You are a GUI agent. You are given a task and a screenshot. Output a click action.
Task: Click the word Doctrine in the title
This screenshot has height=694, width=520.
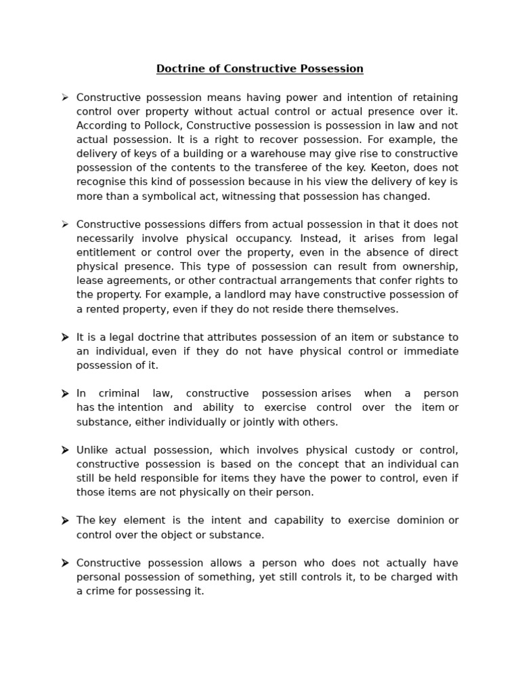click(x=177, y=69)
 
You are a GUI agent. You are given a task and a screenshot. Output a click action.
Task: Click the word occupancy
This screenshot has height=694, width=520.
click(x=265, y=239)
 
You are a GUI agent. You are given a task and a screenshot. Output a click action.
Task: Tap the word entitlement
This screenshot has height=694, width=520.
click(x=106, y=253)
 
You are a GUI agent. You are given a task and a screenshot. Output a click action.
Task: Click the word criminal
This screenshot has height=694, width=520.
click(x=119, y=393)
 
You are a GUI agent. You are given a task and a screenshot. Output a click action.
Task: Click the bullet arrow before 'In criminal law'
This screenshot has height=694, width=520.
click(x=65, y=394)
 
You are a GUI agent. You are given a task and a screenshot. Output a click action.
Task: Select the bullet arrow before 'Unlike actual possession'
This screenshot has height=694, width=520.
click(x=65, y=451)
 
